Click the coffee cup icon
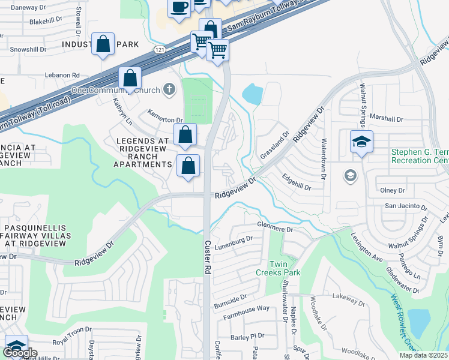[x=178, y=7]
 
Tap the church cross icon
[x=170, y=90]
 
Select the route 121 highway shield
[x=158, y=49]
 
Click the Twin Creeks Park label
[x=285, y=268]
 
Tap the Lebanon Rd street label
[x=62, y=76]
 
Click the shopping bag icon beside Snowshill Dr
[x=103, y=44]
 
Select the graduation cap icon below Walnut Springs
[x=361, y=142]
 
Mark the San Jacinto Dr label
[x=405, y=206]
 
